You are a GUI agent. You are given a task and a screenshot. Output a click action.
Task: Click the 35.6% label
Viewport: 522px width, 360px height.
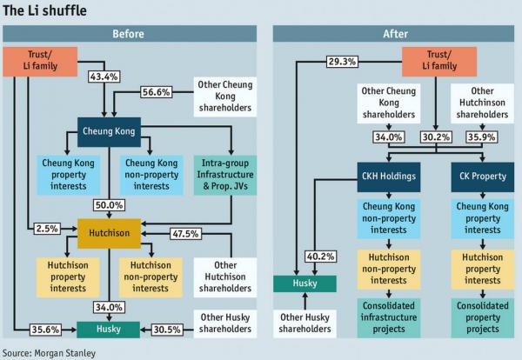[x=45, y=330]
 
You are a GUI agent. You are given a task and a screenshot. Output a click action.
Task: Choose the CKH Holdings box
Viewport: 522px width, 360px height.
[x=387, y=177]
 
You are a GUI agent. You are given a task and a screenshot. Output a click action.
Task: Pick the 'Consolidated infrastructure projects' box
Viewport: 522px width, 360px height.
[x=387, y=317]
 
